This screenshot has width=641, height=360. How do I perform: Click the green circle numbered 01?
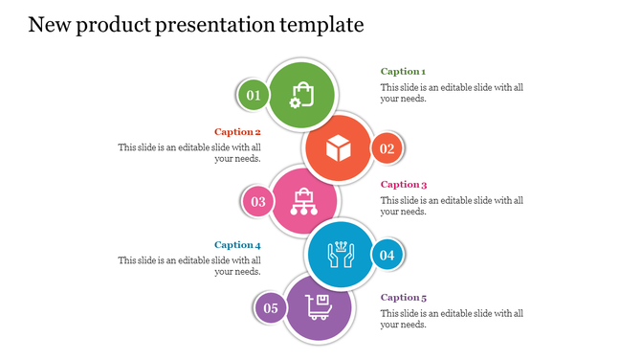coord(253,95)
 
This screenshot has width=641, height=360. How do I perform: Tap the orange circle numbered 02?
coord(387,148)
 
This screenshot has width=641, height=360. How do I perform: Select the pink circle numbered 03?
coord(258,202)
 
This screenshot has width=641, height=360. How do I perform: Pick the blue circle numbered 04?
coord(387,256)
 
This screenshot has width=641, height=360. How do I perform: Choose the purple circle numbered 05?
coord(271,308)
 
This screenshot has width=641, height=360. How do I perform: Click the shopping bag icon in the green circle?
coord(301,95)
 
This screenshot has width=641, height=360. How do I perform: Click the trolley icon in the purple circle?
coord(319,307)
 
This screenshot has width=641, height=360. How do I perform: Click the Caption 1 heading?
coord(403,72)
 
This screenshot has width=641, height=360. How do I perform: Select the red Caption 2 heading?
coord(237,132)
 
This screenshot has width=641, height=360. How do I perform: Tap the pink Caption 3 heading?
coord(404,185)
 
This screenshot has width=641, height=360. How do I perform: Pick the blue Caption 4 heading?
coord(237,245)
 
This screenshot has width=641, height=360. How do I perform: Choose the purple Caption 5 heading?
coord(404,298)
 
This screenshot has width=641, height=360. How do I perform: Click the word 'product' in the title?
coord(109,25)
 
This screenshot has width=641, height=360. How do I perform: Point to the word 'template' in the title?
coord(318,25)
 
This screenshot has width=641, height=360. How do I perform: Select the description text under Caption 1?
coord(452,93)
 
